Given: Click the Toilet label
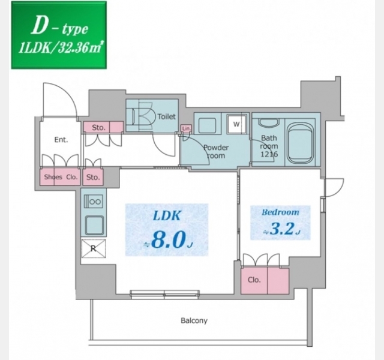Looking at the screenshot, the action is point(167,116).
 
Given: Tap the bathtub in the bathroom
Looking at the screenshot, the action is point(301,142).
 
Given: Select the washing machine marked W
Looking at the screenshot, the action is point(236,124).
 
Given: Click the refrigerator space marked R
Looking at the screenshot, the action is point(94,248).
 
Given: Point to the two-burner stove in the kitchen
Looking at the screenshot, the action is point(94,202).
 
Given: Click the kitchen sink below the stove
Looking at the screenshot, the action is point(94,226).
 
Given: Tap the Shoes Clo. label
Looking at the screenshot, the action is point(61,177).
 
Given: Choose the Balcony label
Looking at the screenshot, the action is point(194,320).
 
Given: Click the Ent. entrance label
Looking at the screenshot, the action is point(61,140).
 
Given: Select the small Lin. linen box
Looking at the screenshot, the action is point(186,128).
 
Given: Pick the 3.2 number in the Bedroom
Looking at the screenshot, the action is point(281,229).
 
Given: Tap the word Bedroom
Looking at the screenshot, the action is point(280,212).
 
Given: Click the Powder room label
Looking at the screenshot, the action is point(216,151).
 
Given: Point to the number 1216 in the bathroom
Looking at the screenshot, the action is point(269,154).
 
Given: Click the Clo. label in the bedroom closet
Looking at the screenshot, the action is point(254,280).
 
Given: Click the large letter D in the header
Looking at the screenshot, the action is point(39,25).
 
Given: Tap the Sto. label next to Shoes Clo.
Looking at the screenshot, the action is point(93,177).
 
